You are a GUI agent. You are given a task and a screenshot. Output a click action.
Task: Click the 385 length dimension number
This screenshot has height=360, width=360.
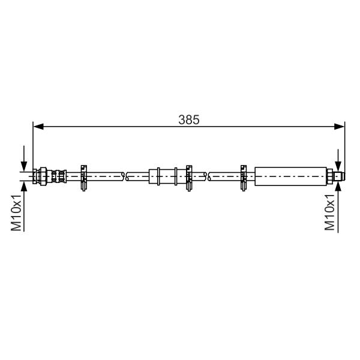coord(189,119)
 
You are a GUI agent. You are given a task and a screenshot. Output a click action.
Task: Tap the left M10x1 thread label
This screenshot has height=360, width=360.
coord(16,212)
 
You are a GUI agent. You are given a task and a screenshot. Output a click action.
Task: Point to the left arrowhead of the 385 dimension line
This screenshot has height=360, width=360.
coord(38,126)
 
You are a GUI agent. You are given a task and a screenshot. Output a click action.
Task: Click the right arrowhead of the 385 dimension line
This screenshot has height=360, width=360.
coord(339,126)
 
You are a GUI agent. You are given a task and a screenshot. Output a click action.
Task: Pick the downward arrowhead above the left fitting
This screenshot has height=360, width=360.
coord(24,166)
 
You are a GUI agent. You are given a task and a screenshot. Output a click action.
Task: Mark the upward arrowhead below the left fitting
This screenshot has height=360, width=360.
coord(24,186)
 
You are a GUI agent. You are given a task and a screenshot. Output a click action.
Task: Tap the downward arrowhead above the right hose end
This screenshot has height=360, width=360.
coord(338,166)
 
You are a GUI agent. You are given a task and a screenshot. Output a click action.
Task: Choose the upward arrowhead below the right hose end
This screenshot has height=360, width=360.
coord(338,186)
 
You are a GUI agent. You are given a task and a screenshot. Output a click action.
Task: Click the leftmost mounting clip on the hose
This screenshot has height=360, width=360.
coord(84,178)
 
